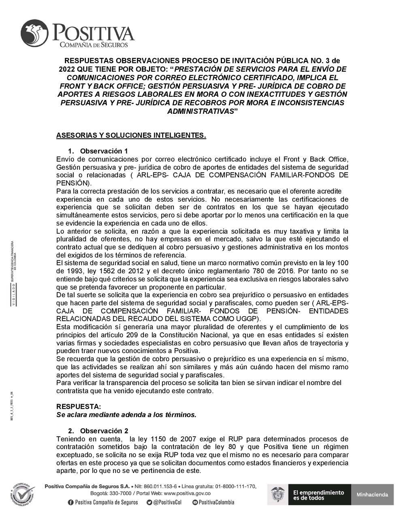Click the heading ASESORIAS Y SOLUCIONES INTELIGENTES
click(131, 135)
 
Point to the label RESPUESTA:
click(79, 407)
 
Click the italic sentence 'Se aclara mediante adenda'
click(126, 415)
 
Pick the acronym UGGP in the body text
click(243, 319)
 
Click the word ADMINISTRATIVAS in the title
click(200, 111)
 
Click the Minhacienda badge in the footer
click(372, 494)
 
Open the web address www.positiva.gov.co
click(187, 493)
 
